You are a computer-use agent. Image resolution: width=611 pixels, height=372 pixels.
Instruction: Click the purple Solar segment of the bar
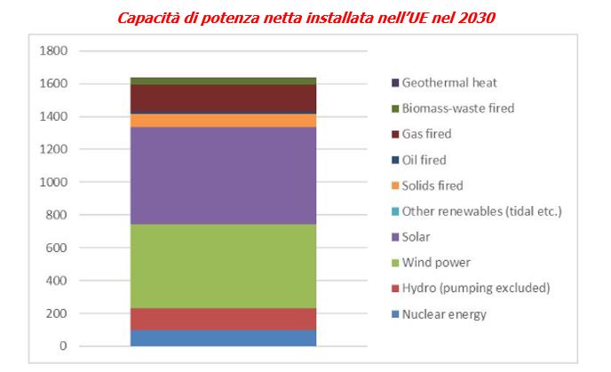tap(223, 176)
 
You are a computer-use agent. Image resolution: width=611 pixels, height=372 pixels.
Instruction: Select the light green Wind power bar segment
tap(223, 265)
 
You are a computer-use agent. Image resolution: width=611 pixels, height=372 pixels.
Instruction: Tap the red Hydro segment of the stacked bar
tap(223, 319)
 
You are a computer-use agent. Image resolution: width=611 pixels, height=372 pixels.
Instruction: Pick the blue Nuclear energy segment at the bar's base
tap(223, 337)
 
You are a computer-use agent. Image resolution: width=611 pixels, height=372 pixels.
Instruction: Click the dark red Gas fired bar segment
tap(223, 99)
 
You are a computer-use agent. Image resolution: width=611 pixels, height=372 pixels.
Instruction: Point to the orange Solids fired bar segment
tap(223, 121)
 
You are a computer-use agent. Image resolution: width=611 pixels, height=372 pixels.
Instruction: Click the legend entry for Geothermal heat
tap(448, 83)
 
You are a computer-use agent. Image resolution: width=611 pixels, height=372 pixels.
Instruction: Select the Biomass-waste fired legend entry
tap(457, 108)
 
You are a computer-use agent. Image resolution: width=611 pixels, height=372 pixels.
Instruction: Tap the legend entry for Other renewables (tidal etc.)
tap(481, 211)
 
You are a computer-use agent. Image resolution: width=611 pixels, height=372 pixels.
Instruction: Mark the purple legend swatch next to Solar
tap(393, 237)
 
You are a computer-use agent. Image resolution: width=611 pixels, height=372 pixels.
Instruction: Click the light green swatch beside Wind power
tap(393, 263)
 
